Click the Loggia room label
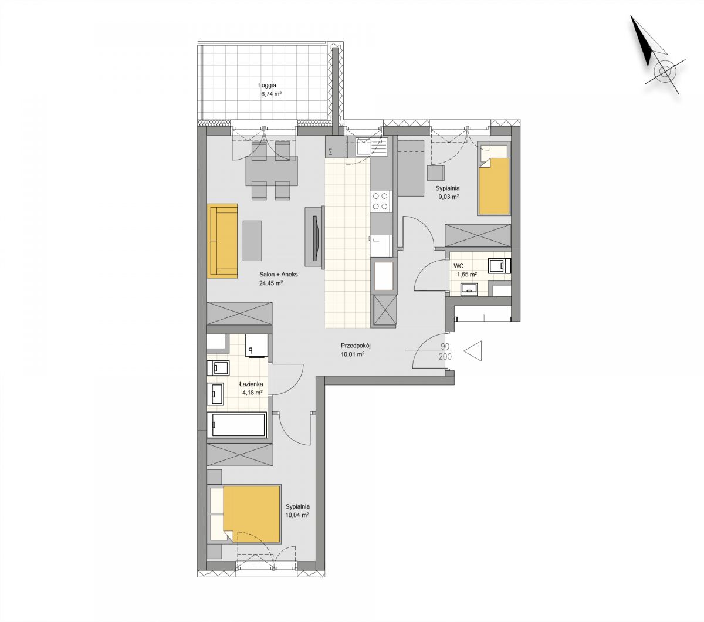[x=267, y=85]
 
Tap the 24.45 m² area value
[x=270, y=283]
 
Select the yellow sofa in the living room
[x=222, y=241]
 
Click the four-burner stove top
[x=381, y=202]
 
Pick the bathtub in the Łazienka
[x=237, y=424]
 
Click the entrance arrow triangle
[x=473, y=351]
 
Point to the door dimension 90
[x=445, y=346]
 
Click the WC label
[x=458, y=266]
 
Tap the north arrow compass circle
[x=665, y=73]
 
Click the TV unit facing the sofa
[x=314, y=237]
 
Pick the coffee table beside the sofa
[x=252, y=241]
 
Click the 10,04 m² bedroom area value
[x=297, y=515]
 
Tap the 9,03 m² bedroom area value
[x=448, y=197]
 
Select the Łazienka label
[x=251, y=384]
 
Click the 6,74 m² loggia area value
[x=271, y=93]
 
